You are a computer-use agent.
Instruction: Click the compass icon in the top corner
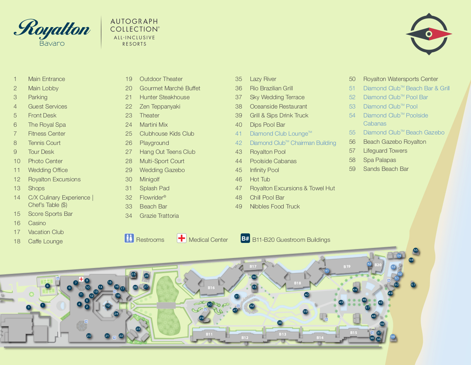coord(429,34)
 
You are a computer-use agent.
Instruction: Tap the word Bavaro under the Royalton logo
coord(52,43)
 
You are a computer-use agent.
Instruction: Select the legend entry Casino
coord(37,223)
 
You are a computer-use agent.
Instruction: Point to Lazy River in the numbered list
coord(263,79)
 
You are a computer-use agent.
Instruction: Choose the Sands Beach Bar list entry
coord(385,169)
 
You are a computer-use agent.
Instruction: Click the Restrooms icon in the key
coord(129,238)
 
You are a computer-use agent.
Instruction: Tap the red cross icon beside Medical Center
coord(182,238)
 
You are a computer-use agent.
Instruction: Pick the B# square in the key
coord(245,238)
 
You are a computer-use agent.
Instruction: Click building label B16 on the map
coord(211,288)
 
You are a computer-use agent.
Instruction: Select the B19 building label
coord(347,267)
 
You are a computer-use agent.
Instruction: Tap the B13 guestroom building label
coord(283,334)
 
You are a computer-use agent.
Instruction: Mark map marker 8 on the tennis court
coord(48,286)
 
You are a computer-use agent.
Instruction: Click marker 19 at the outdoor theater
coord(108,306)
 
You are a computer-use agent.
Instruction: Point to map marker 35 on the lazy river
coord(280,322)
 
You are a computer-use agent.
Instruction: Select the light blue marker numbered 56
coord(393,337)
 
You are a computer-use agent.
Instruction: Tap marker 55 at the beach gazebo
coord(416,250)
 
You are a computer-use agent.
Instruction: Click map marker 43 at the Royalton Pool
coord(341,302)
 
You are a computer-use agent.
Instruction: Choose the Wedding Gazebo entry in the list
coord(162,170)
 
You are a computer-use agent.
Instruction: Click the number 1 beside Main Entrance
coord(15,79)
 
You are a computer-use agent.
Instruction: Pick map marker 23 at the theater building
coord(138,329)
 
